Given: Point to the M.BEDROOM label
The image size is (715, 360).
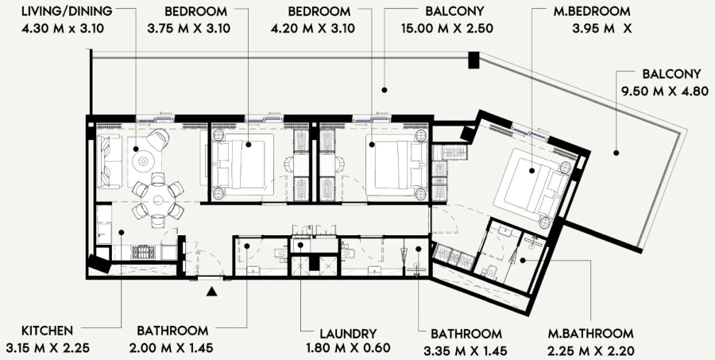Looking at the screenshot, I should [x=592, y=13].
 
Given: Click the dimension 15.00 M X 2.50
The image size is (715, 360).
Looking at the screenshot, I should [x=449, y=29].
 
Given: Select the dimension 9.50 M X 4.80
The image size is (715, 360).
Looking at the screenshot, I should [x=664, y=91].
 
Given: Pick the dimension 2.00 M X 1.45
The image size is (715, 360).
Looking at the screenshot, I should [x=172, y=349].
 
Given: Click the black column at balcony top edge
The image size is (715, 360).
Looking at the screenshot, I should [x=473, y=60].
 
